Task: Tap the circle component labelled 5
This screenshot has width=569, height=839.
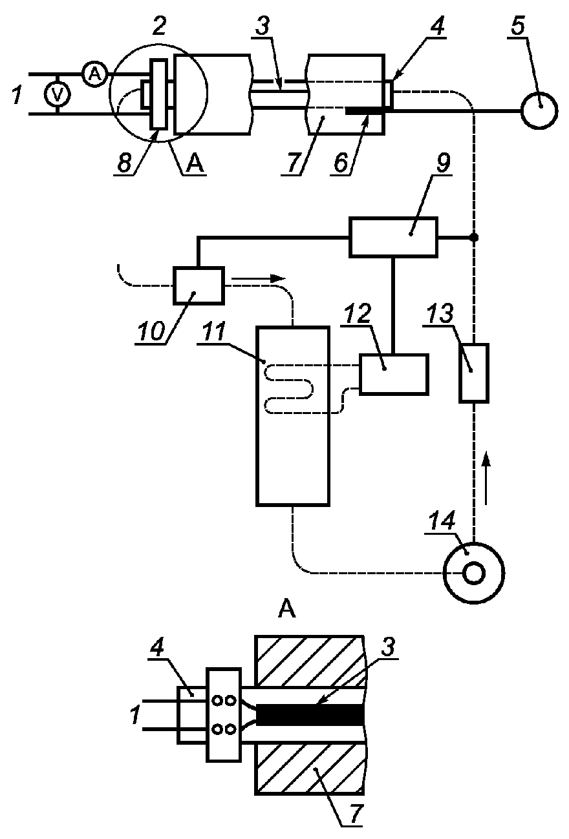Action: click(539, 110)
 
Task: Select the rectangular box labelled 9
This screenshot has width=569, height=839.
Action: click(394, 237)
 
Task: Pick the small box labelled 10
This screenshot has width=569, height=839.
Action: click(199, 285)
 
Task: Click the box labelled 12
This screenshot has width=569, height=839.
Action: click(394, 374)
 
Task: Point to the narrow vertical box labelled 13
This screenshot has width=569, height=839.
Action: click(474, 373)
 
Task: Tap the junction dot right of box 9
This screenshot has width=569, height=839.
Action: click(474, 237)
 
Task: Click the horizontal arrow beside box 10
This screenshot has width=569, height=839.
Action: click(259, 278)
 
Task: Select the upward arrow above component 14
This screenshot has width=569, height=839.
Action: click(486, 477)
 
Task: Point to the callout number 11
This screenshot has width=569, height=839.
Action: click(212, 331)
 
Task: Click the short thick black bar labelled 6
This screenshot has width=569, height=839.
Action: click(365, 110)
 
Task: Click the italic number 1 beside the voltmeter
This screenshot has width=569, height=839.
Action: click(17, 94)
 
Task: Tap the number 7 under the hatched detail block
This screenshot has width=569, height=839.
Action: click(356, 812)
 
